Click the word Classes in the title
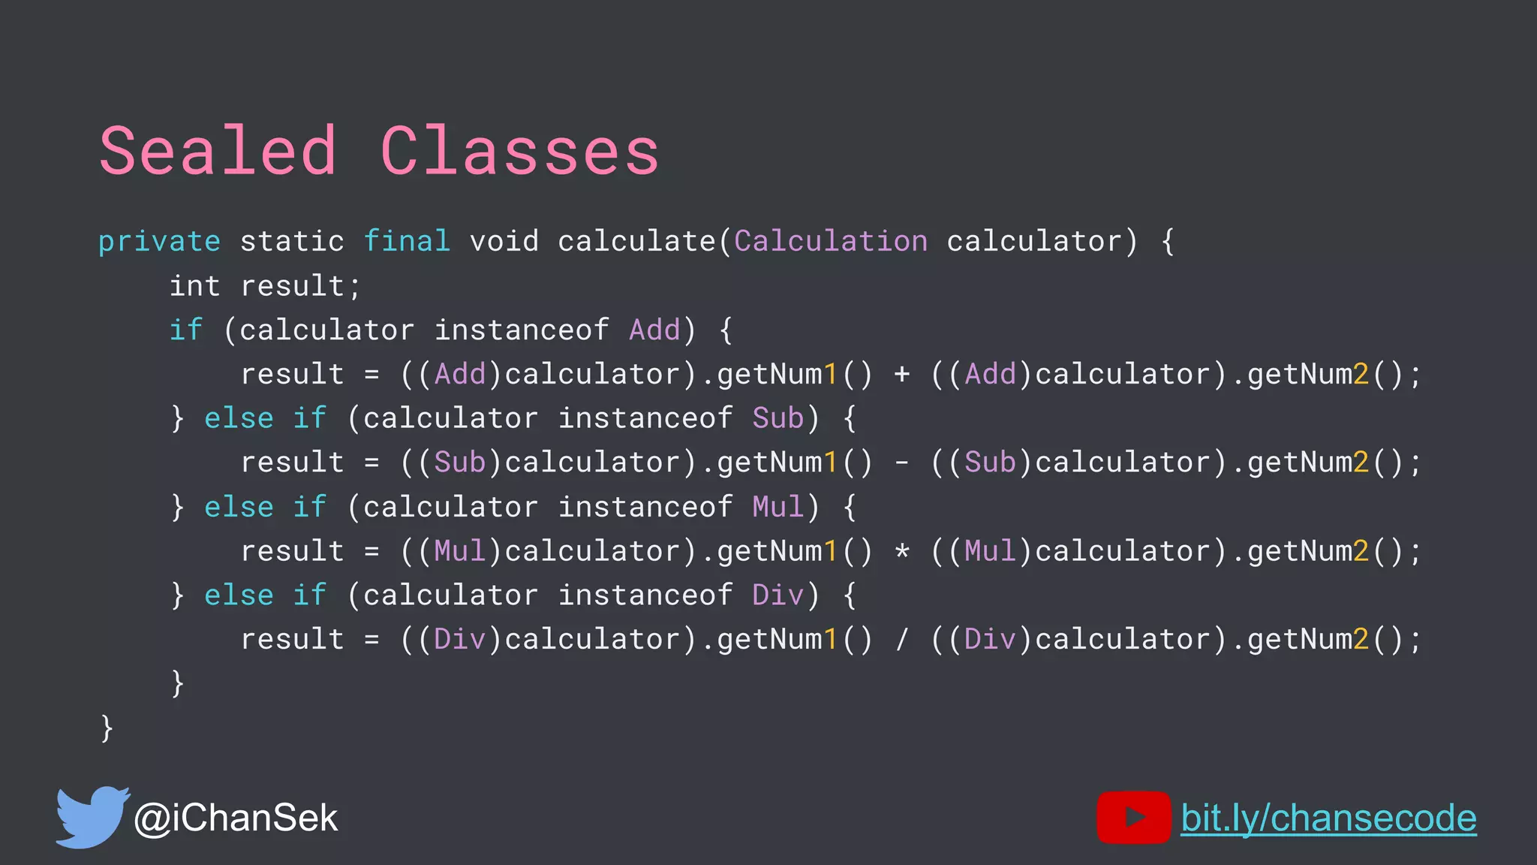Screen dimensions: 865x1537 (519, 152)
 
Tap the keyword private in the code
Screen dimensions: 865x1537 (159, 242)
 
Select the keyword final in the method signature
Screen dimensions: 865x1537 (407, 241)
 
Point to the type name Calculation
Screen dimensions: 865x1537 (831, 241)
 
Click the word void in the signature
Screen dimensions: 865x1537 (504, 241)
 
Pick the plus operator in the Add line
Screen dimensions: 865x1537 (902, 374)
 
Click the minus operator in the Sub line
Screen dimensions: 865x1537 (902, 463)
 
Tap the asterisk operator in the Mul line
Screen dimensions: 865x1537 (902, 552)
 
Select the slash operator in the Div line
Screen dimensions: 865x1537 (902, 640)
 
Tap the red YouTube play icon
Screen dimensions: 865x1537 (1133, 817)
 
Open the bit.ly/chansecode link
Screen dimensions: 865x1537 (1328, 818)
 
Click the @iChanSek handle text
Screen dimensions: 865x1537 (236, 818)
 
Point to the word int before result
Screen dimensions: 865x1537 (194, 286)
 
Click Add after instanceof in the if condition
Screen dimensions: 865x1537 (654, 330)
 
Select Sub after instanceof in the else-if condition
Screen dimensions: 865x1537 (778, 418)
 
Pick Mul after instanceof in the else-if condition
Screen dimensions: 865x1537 (778, 507)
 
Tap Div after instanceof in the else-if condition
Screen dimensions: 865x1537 (778, 595)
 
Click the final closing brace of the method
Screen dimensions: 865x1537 (107, 728)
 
